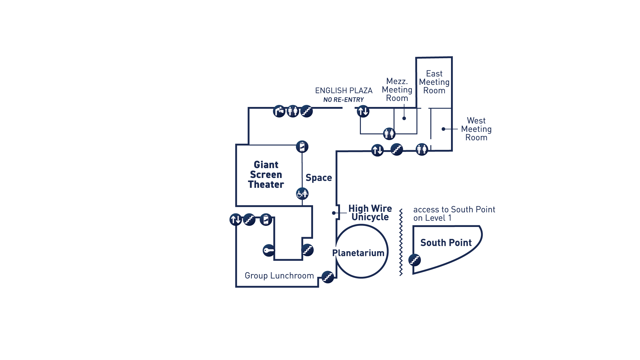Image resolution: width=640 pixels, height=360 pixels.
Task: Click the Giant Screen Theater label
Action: coord(266,175)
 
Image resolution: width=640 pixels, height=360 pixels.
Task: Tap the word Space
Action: coord(319,178)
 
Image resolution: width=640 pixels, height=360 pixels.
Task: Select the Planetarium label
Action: coord(358,253)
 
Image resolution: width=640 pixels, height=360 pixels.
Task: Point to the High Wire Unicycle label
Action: coord(370,213)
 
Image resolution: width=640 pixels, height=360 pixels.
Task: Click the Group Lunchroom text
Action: coord(279,276)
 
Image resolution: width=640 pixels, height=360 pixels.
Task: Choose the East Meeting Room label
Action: coord(434,82)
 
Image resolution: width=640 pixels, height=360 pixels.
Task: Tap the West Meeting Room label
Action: coord(476,129)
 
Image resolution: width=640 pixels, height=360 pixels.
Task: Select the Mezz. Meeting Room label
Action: coord(397,90)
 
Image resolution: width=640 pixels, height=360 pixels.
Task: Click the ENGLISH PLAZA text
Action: coord(344,91)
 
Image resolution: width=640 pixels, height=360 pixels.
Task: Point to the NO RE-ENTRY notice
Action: coord(343,100)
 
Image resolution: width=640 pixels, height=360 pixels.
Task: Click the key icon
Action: coord(269,250)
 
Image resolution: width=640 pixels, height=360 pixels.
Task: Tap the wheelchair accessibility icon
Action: coord(302,194)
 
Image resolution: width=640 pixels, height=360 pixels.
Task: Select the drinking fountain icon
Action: coord(279,111)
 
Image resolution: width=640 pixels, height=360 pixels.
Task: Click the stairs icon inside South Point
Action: coord(414,260)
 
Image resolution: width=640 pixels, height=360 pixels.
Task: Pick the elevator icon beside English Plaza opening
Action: coord(363,111)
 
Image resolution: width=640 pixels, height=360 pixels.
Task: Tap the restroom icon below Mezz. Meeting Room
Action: coord(389,134)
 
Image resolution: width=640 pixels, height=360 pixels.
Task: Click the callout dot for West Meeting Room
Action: coord(443,129)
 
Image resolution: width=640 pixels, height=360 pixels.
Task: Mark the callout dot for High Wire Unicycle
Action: coord(334,213)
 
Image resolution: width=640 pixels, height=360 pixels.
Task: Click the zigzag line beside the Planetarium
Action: coord(401,242)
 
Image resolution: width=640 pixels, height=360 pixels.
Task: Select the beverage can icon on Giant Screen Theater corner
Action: coord(302,147)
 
